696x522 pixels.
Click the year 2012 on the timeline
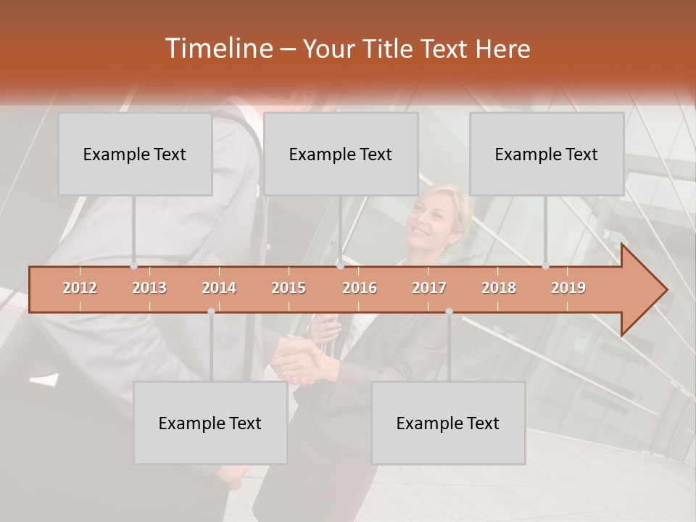click(x=80, y=288)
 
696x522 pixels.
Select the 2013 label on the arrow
click(x=149, y=288)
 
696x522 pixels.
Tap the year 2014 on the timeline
click(x=219, y=288)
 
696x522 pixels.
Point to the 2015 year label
click(x=289, y=288)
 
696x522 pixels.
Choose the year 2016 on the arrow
click(x=360, y=288)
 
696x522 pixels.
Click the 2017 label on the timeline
click(x=429, y=288)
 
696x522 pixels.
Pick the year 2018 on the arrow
click(x=499, y=288)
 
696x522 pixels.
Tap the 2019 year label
click(x=568, y=288)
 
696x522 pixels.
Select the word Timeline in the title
click(x=217, y=49)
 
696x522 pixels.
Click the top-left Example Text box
click(x=135, y=154)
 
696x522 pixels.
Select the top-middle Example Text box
click(x=341, y=154)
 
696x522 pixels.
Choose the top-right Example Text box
click(x=547, y=154)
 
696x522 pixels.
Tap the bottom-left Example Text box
click(x=210, y=423)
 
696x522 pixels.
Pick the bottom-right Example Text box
click(x=448, y=423)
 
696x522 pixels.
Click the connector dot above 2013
click(x=133, y=266)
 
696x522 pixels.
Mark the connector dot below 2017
click(x=449, y=311)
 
